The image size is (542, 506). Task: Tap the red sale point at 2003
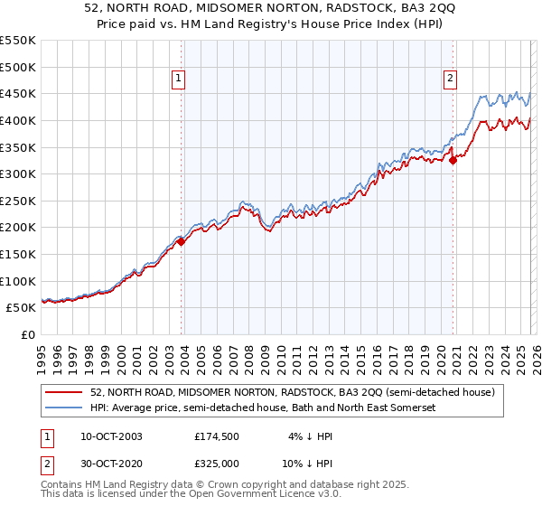pos(181,241)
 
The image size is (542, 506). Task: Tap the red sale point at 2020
pos(453,161)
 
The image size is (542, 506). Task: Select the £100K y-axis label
pos(17,281)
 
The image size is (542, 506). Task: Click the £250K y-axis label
pos(17,201)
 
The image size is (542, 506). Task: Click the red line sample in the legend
pos(64,393)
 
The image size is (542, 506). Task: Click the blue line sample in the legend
pos(64,408)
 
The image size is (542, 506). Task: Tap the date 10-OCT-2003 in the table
pos(107,436)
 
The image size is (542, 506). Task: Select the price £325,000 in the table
pos(218,463)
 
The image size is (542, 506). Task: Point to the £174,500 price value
pos(218,436)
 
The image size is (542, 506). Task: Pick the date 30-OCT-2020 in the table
pos(107,463)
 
